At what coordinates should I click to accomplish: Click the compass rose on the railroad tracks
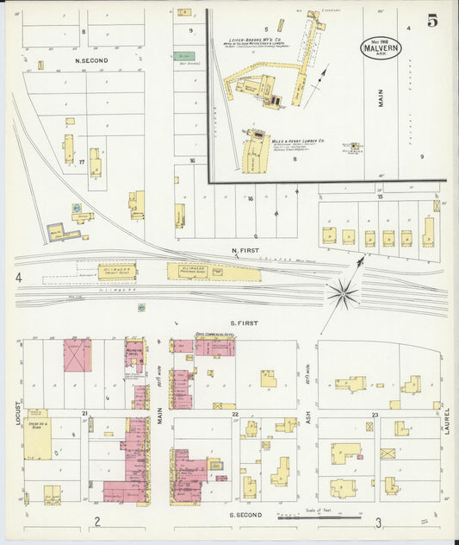point(343,295)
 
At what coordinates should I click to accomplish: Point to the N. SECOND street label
point(91,61)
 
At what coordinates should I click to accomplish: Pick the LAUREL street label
point(448,420)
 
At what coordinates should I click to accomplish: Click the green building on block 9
point(184,56)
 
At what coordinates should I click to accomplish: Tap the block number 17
point(81,160)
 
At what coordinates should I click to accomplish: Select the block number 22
point(234,415)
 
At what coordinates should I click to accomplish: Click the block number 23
point(375,415)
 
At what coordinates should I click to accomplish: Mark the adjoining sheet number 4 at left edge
point(17,278)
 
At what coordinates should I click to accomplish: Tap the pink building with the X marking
point(77,355)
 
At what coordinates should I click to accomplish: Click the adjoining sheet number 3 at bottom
point(378,522)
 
